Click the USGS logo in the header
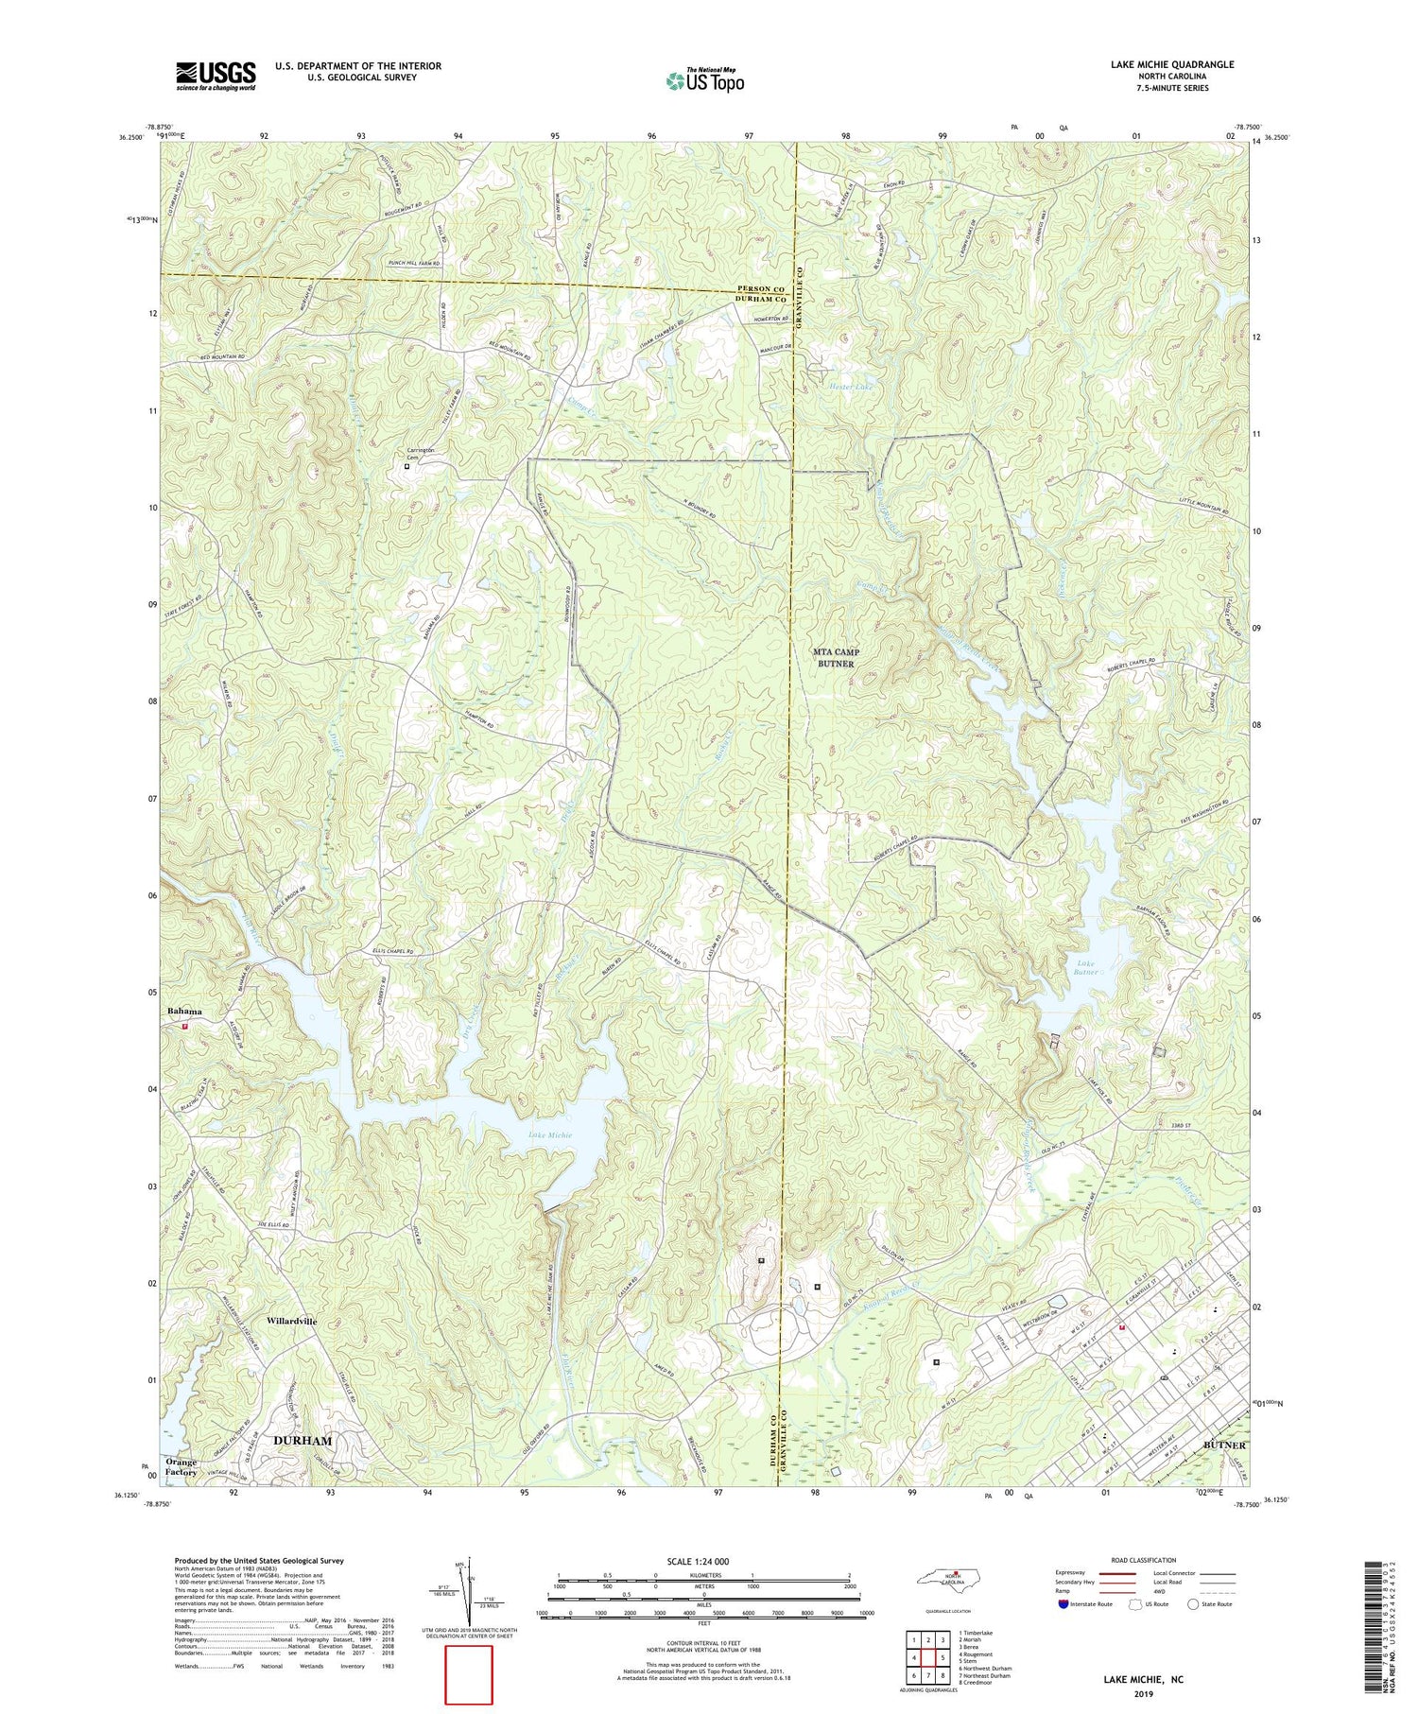pos(215,76)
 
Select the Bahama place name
pos(185,1012)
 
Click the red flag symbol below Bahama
pos(185,1025)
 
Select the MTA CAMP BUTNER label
pos(836,658)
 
